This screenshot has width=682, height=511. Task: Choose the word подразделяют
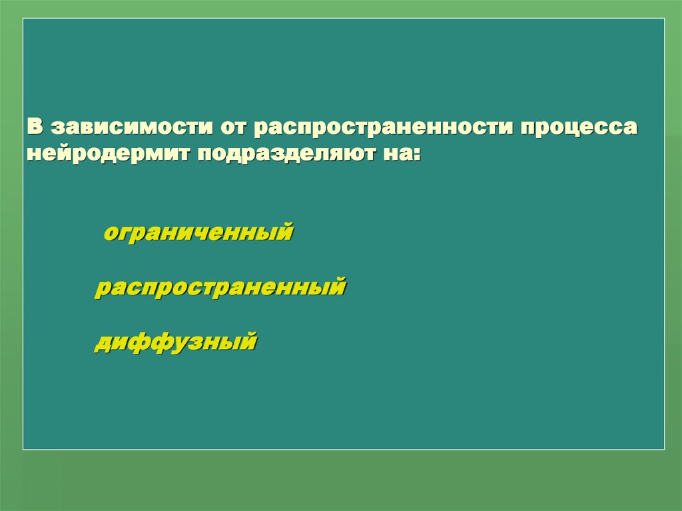coord(278,155)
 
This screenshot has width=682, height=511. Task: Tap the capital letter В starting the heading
coord(35,127)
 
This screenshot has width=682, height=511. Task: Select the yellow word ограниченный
coord(198,233)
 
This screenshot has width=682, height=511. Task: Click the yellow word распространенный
coord(220,288)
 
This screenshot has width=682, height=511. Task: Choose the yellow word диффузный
coord(175,342)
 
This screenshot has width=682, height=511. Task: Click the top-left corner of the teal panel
coord(23,19)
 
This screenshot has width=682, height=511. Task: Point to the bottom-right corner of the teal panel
coord(664,449)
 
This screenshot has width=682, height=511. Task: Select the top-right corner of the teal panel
coord(664,19)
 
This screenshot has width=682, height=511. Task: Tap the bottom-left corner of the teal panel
coord(23,449)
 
